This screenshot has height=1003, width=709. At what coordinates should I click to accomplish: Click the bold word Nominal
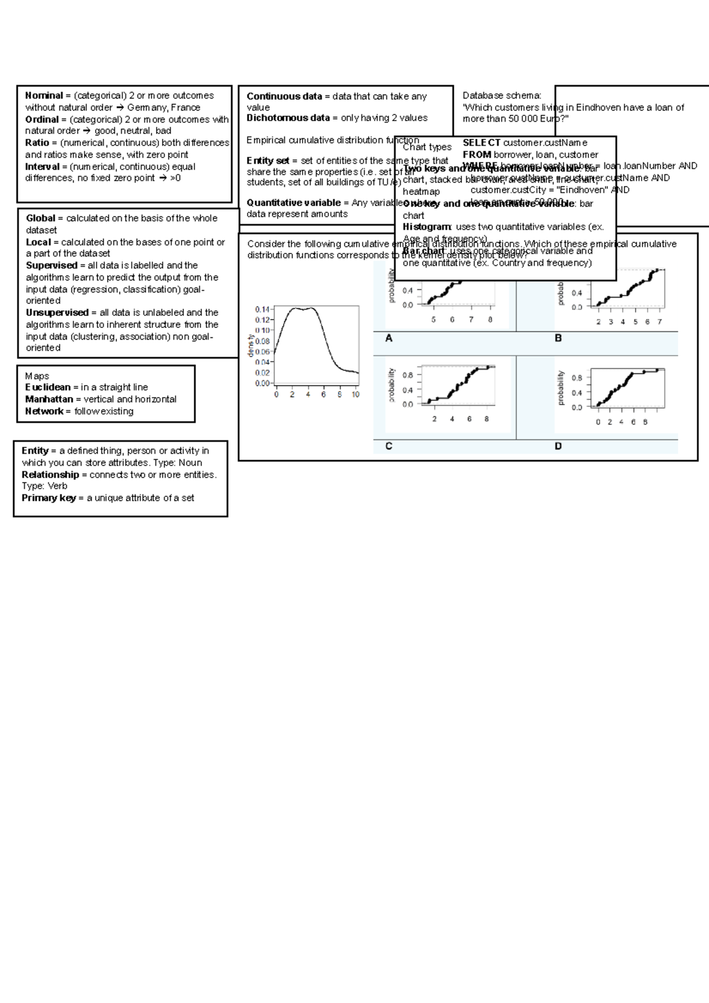[x=44, y=96]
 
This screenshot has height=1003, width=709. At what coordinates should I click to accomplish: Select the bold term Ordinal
[x=42, y=119]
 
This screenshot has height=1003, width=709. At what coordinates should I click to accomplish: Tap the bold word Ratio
[x=37, y=143]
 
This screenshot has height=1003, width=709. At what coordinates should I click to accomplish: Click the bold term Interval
[x=42, y=167]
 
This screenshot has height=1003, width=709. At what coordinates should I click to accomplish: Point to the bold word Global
[x=40, y=218]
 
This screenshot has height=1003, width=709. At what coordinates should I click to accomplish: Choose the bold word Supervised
[x=51, y=265]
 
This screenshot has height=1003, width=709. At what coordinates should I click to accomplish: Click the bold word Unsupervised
[x=57, y=312]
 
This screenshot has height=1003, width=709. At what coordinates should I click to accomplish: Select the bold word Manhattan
[x=49, y=399]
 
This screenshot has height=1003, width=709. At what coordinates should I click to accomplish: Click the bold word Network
[x=44, y=411]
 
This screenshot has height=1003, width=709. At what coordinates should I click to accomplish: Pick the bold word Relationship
[x=50, y=474]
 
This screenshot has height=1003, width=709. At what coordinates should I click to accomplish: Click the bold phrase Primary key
[x=48, y=498]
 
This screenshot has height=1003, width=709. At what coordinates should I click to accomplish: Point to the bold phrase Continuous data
[x=284, y=96]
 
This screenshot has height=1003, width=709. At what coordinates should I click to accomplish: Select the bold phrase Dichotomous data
[x=288, y=118]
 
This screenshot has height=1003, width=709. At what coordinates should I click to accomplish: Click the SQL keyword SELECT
[x=482, y=142]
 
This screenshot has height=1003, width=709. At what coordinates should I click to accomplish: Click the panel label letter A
[x=389, y=338]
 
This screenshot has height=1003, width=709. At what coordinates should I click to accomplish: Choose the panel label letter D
[x=558, y=446]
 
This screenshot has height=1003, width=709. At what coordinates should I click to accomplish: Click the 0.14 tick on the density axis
[x=262, y=309]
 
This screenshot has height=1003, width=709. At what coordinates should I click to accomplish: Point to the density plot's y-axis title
[x=251, y=346]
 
